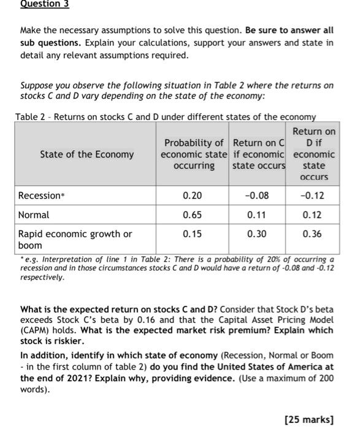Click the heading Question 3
coord(45,4)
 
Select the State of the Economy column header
coord(86,154)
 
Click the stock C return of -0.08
coord(257,196)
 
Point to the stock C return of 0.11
coord(257,215)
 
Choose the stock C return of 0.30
coord(257,234)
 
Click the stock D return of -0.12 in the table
coord(313,196)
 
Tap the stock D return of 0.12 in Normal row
coord(313,215)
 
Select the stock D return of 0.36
coord(313,234)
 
